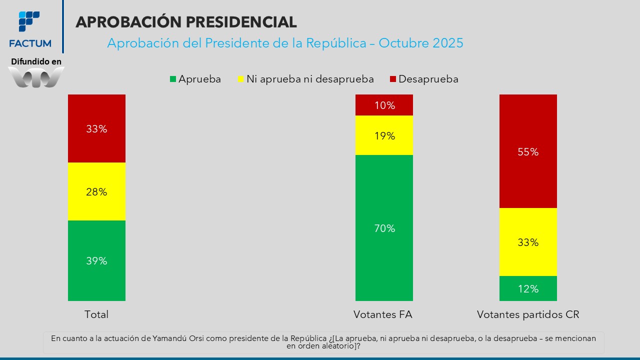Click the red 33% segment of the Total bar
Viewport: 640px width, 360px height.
[96, 128]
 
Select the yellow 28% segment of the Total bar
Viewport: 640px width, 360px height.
[96, 191]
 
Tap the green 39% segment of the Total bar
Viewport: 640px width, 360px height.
[96, 260]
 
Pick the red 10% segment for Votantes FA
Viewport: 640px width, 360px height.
[384, 105]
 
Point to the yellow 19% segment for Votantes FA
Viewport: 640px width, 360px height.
[384, 135]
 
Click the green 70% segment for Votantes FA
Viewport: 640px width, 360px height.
[384, 228]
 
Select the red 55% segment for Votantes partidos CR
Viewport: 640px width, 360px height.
[528, 151]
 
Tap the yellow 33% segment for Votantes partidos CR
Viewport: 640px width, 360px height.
[528, 242]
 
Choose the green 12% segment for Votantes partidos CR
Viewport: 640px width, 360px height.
[528, 288]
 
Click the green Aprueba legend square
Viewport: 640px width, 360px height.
[173, 79]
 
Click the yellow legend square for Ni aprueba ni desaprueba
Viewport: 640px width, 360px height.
[240, 79]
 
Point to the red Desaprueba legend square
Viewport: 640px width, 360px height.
[393, 79]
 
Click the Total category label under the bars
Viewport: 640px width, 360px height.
[96, 314]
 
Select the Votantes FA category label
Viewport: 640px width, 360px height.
[383, 314]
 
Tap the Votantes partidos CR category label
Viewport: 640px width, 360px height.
[528, 314]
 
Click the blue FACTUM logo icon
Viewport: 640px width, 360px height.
[29, 21]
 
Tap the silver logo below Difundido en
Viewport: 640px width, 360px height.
[36, 77]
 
